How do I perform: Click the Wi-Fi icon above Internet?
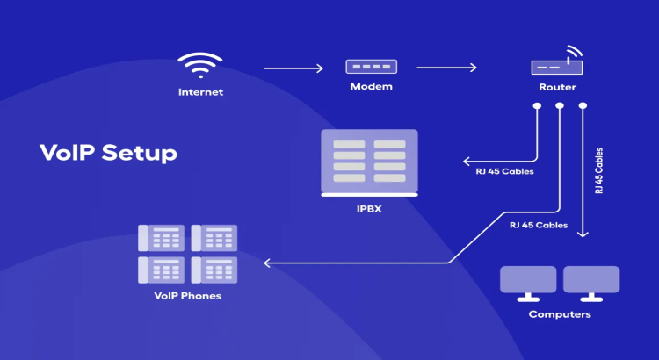point(200,67)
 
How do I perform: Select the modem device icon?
point(370,67)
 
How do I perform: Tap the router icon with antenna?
point(558,63)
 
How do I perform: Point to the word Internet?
point(200,91)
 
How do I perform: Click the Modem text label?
point(370,86)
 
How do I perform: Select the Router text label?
point(557,88)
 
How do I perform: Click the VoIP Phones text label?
point(187,296)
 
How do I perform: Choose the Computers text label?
point(560,313)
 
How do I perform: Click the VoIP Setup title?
point(108,153)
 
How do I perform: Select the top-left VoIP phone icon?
point(161,238)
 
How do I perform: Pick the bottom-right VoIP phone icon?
point(214,269)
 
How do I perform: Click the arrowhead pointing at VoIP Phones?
point(267,263)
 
